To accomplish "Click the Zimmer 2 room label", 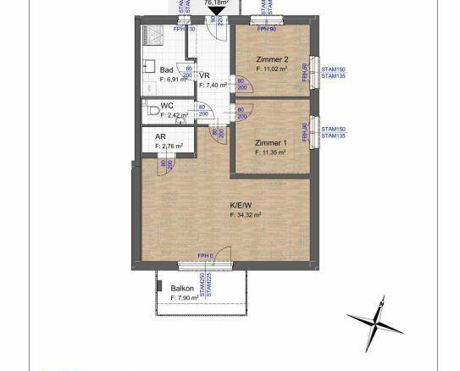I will [x=273, y=58].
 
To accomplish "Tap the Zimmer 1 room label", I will [x=271, y=143].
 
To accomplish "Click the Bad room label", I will [x=167, y=69].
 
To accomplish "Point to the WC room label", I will [x=167, y=107].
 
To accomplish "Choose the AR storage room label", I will [x=160, y=137].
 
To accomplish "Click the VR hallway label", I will [x=204, y=75].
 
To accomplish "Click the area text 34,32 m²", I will [x=246, y=215].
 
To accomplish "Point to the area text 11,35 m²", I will [x=272, y=153].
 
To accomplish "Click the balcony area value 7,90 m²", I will [x=184, y=298].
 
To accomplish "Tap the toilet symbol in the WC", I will [x=150, y=110].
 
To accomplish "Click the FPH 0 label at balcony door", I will [x=205, y=255].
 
